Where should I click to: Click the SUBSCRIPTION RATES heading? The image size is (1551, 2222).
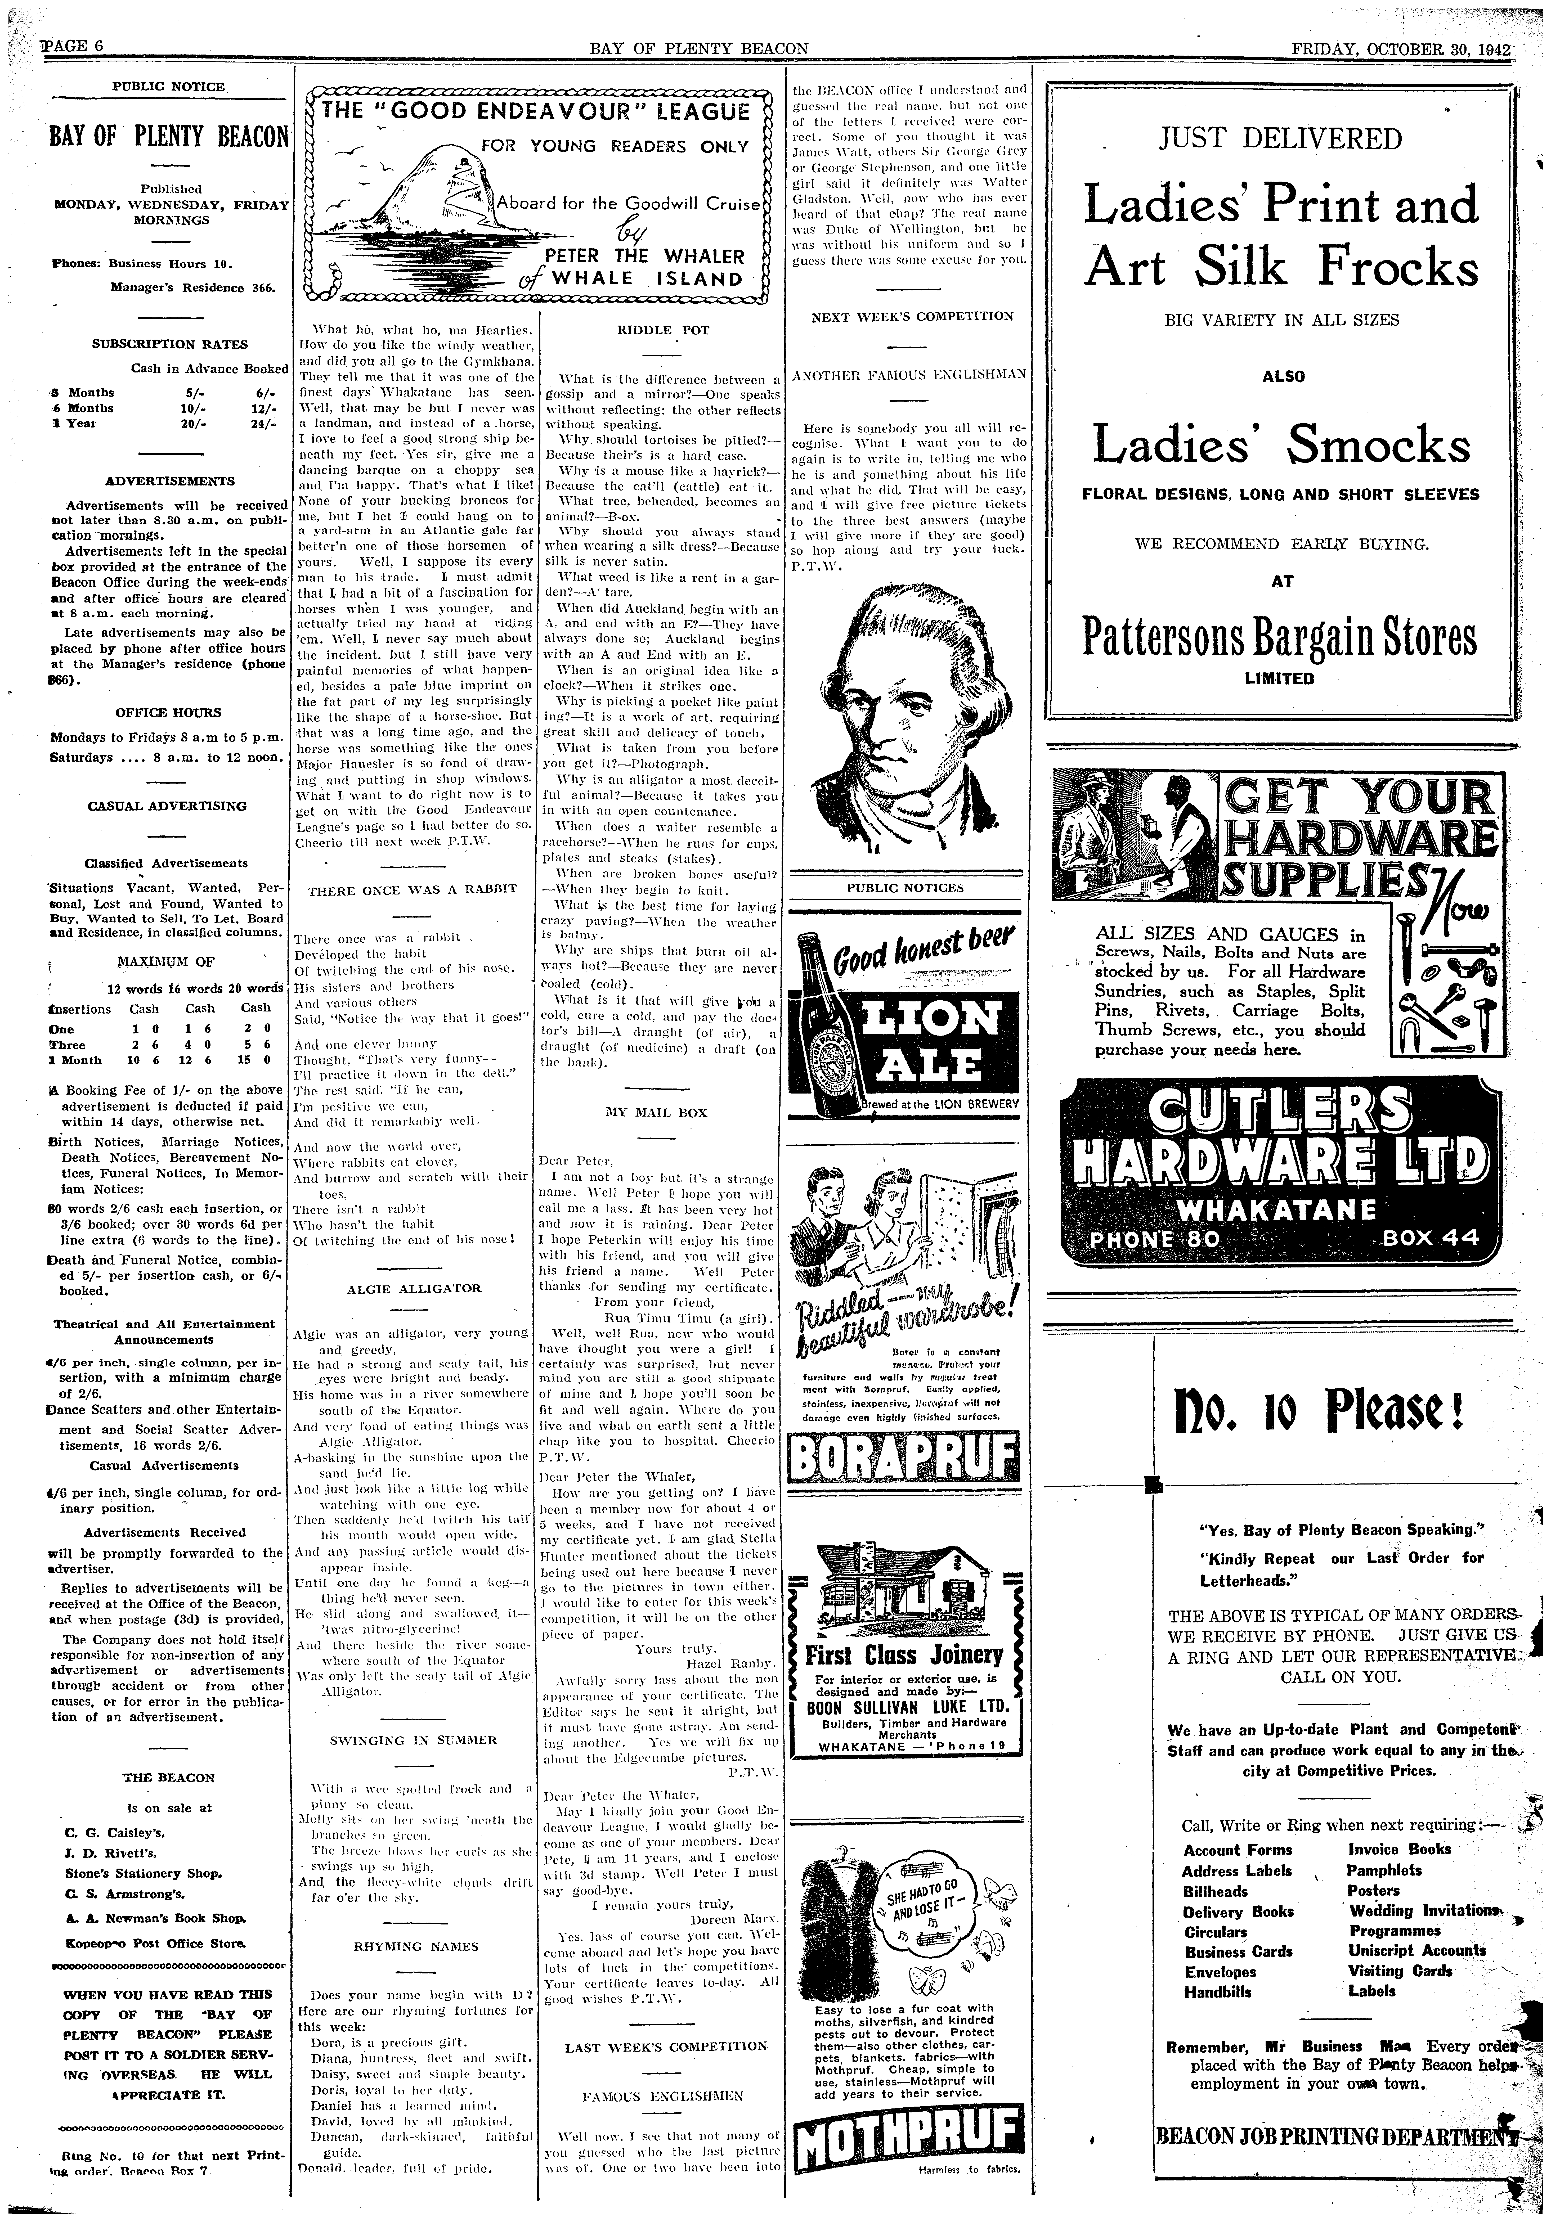point(169,344)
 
